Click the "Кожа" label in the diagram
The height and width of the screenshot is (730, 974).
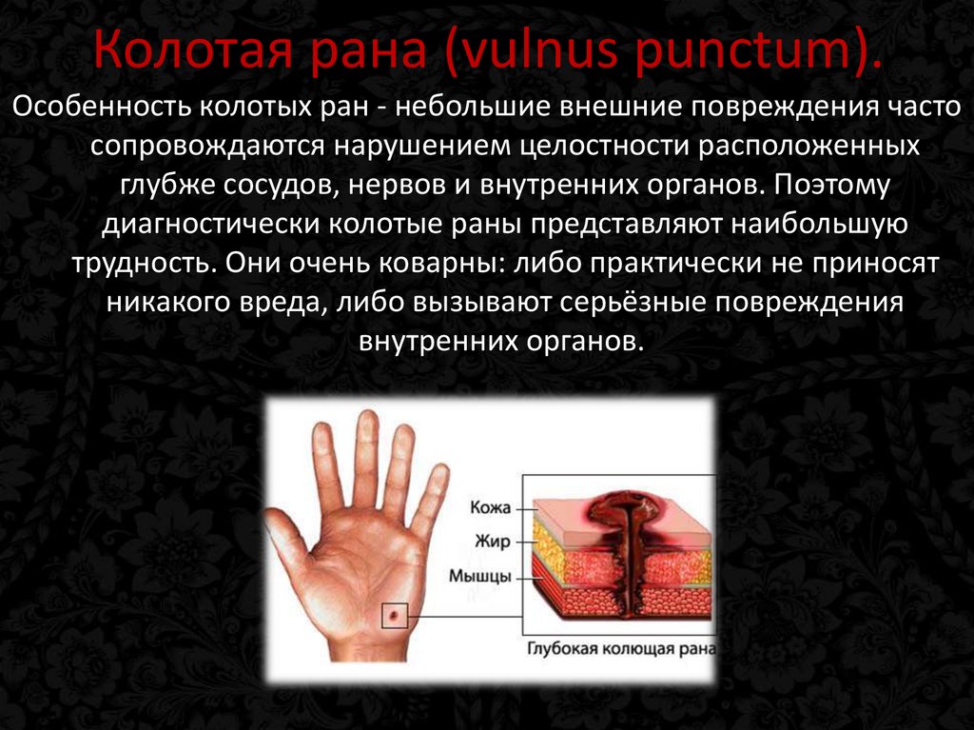tap(491, 507)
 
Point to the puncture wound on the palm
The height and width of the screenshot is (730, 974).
tap(393, 616)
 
